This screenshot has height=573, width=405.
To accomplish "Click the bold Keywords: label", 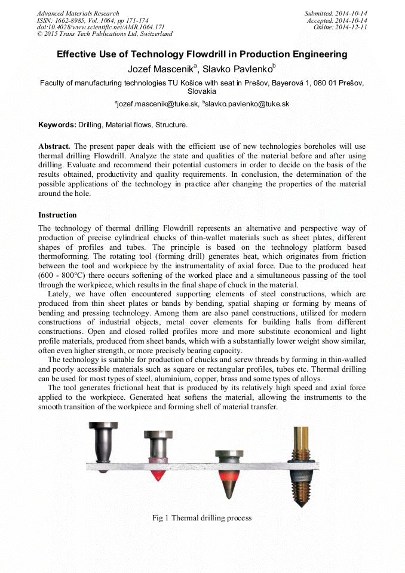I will [57, 125].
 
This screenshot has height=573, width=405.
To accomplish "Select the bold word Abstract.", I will [54, 146].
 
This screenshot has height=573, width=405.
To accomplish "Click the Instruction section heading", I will [57, 215].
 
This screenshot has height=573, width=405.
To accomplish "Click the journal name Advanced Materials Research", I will [78, 13].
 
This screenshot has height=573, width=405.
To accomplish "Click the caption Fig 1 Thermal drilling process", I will [202, 518].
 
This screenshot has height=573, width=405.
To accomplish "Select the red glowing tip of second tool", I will [158, 475].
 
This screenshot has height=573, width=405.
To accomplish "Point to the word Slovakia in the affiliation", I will [202, 92].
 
